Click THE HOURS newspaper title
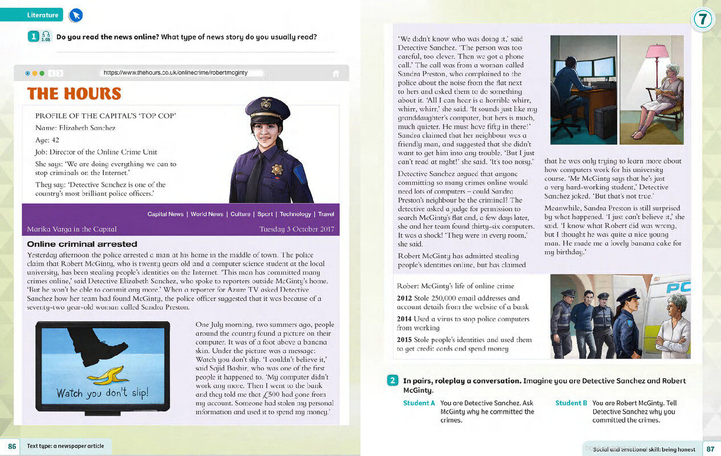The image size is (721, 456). [74, 93]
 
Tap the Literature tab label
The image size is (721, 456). [43, 15]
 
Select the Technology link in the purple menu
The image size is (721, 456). [295, 214]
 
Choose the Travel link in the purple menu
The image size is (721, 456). [326, 214]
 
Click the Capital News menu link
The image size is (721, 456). [165, 214]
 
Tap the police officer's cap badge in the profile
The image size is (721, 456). [266, 104]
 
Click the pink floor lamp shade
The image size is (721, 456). [657, 51]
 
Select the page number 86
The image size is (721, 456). [11, 446]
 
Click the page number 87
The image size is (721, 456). [710, 449]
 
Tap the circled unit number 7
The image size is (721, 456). [703, 19]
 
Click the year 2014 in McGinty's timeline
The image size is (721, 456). [404, 319]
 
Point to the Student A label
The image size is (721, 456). [419, 403]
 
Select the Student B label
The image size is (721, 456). [572, 403]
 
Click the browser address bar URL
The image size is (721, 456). [176, 73]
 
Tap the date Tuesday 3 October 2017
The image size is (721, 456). [296, 229]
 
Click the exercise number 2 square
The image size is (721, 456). [392, 381]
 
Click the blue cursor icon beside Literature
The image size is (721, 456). [75, 15]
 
